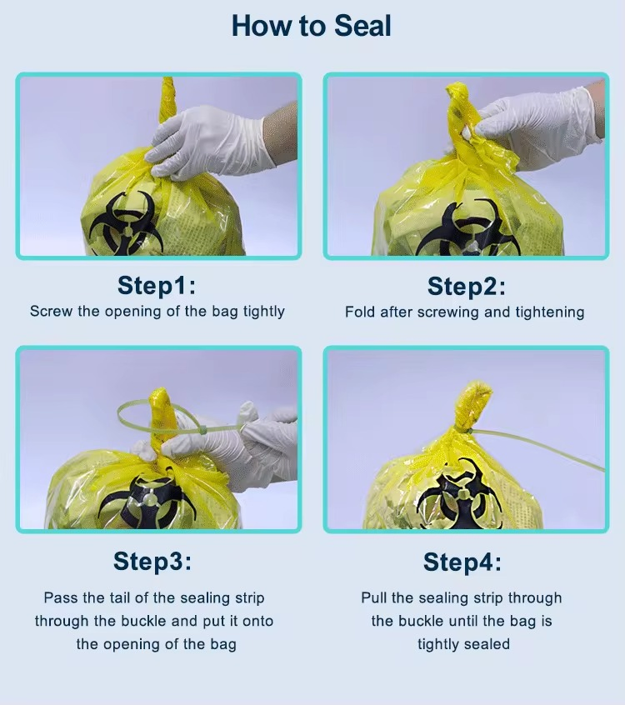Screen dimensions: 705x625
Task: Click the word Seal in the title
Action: click(362, 26)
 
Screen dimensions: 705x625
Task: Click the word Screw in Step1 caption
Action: click(50, 312)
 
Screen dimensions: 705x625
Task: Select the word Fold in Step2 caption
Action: click(360, 312)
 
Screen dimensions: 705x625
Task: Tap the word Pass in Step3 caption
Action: click(61, 598)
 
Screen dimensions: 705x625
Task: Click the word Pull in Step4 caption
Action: click(375, 598)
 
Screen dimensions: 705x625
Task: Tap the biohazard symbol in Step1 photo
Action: click(124, 222)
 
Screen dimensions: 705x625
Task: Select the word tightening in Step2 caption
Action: click(547, 312)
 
